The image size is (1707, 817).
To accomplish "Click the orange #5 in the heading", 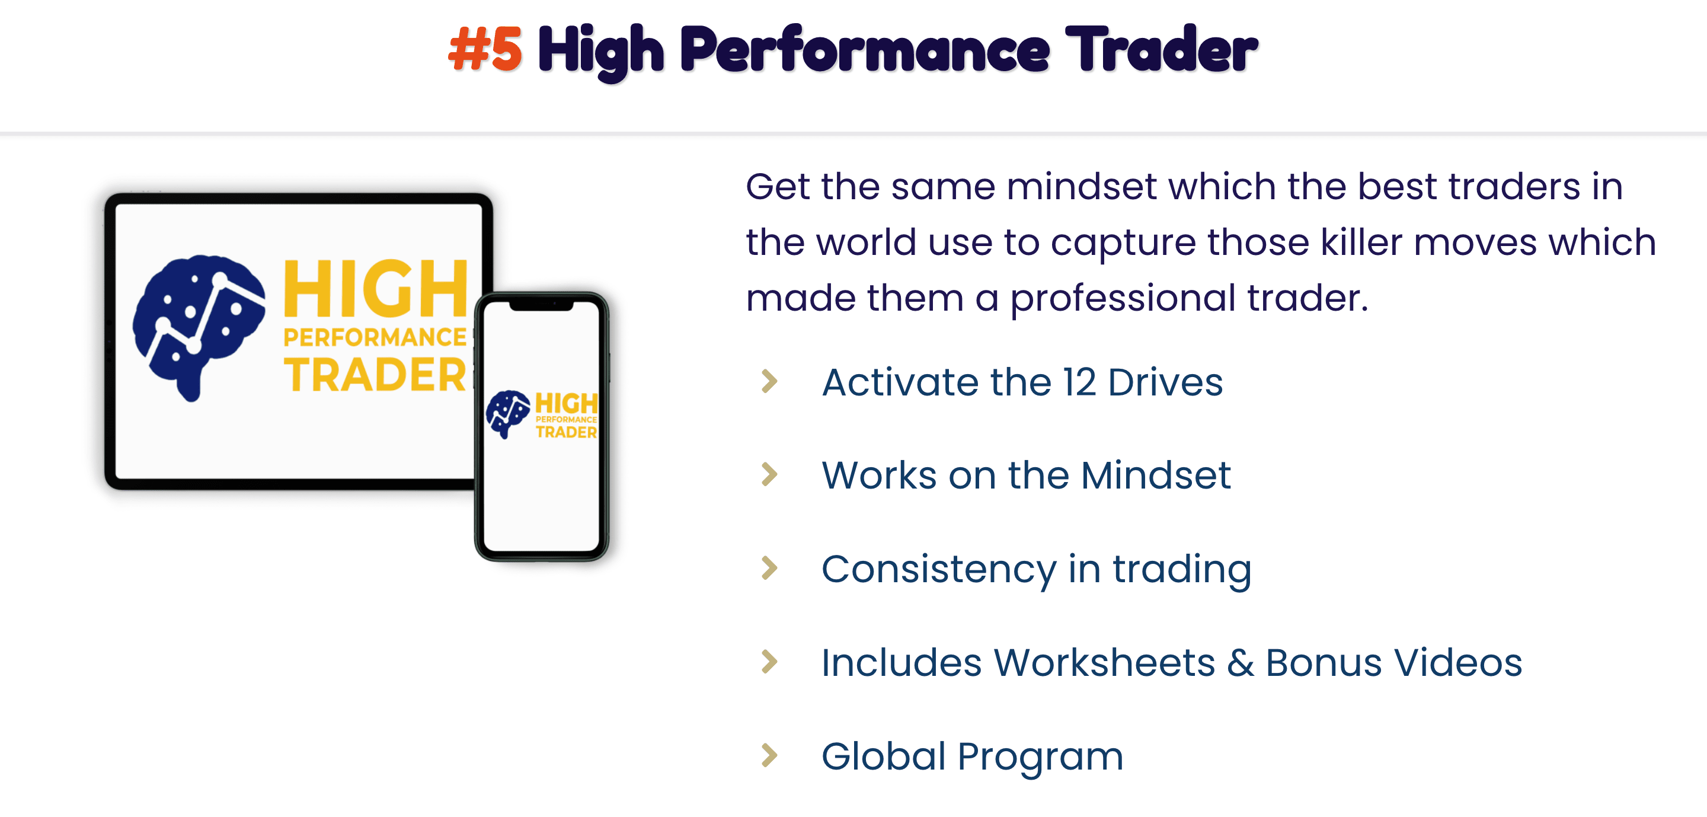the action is click(x=485, y=49).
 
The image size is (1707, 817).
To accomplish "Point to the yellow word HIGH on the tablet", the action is click(x=376, y=289).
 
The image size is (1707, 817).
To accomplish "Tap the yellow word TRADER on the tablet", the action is click(x=375, y=375).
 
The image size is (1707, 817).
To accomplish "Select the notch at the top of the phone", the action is click(x=541, y=305).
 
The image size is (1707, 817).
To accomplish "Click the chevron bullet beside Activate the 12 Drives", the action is click(x=769, y=381).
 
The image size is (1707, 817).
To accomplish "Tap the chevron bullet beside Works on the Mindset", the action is click(x=769, y=474).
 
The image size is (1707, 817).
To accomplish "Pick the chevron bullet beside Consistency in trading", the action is click(x=769, y=568).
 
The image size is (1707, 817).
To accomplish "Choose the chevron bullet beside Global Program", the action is click(x=769, y=755).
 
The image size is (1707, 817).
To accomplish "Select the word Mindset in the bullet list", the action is click(x=1156, y=475).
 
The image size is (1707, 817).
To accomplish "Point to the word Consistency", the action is click(x=939, y=569).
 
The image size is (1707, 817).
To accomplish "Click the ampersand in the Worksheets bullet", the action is click(x=1241, y=663).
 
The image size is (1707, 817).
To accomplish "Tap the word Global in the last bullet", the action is click(x=883, y=756).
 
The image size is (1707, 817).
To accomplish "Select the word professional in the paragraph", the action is click(x=1123, y=298).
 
